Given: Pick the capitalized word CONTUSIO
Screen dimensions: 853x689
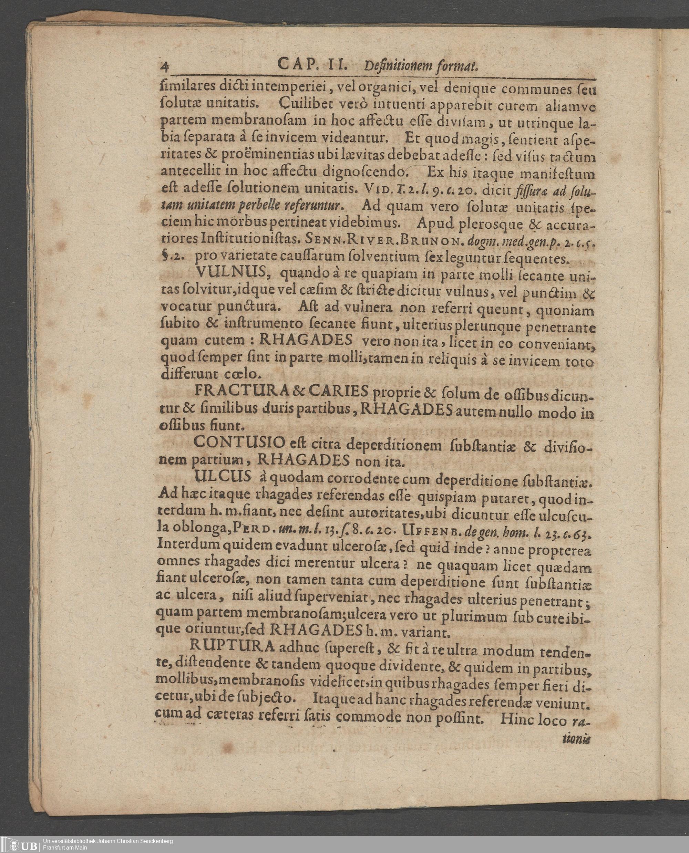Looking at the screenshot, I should click(x=240, y=443).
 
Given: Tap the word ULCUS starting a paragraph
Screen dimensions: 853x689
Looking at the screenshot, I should click(x=223, y=476).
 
